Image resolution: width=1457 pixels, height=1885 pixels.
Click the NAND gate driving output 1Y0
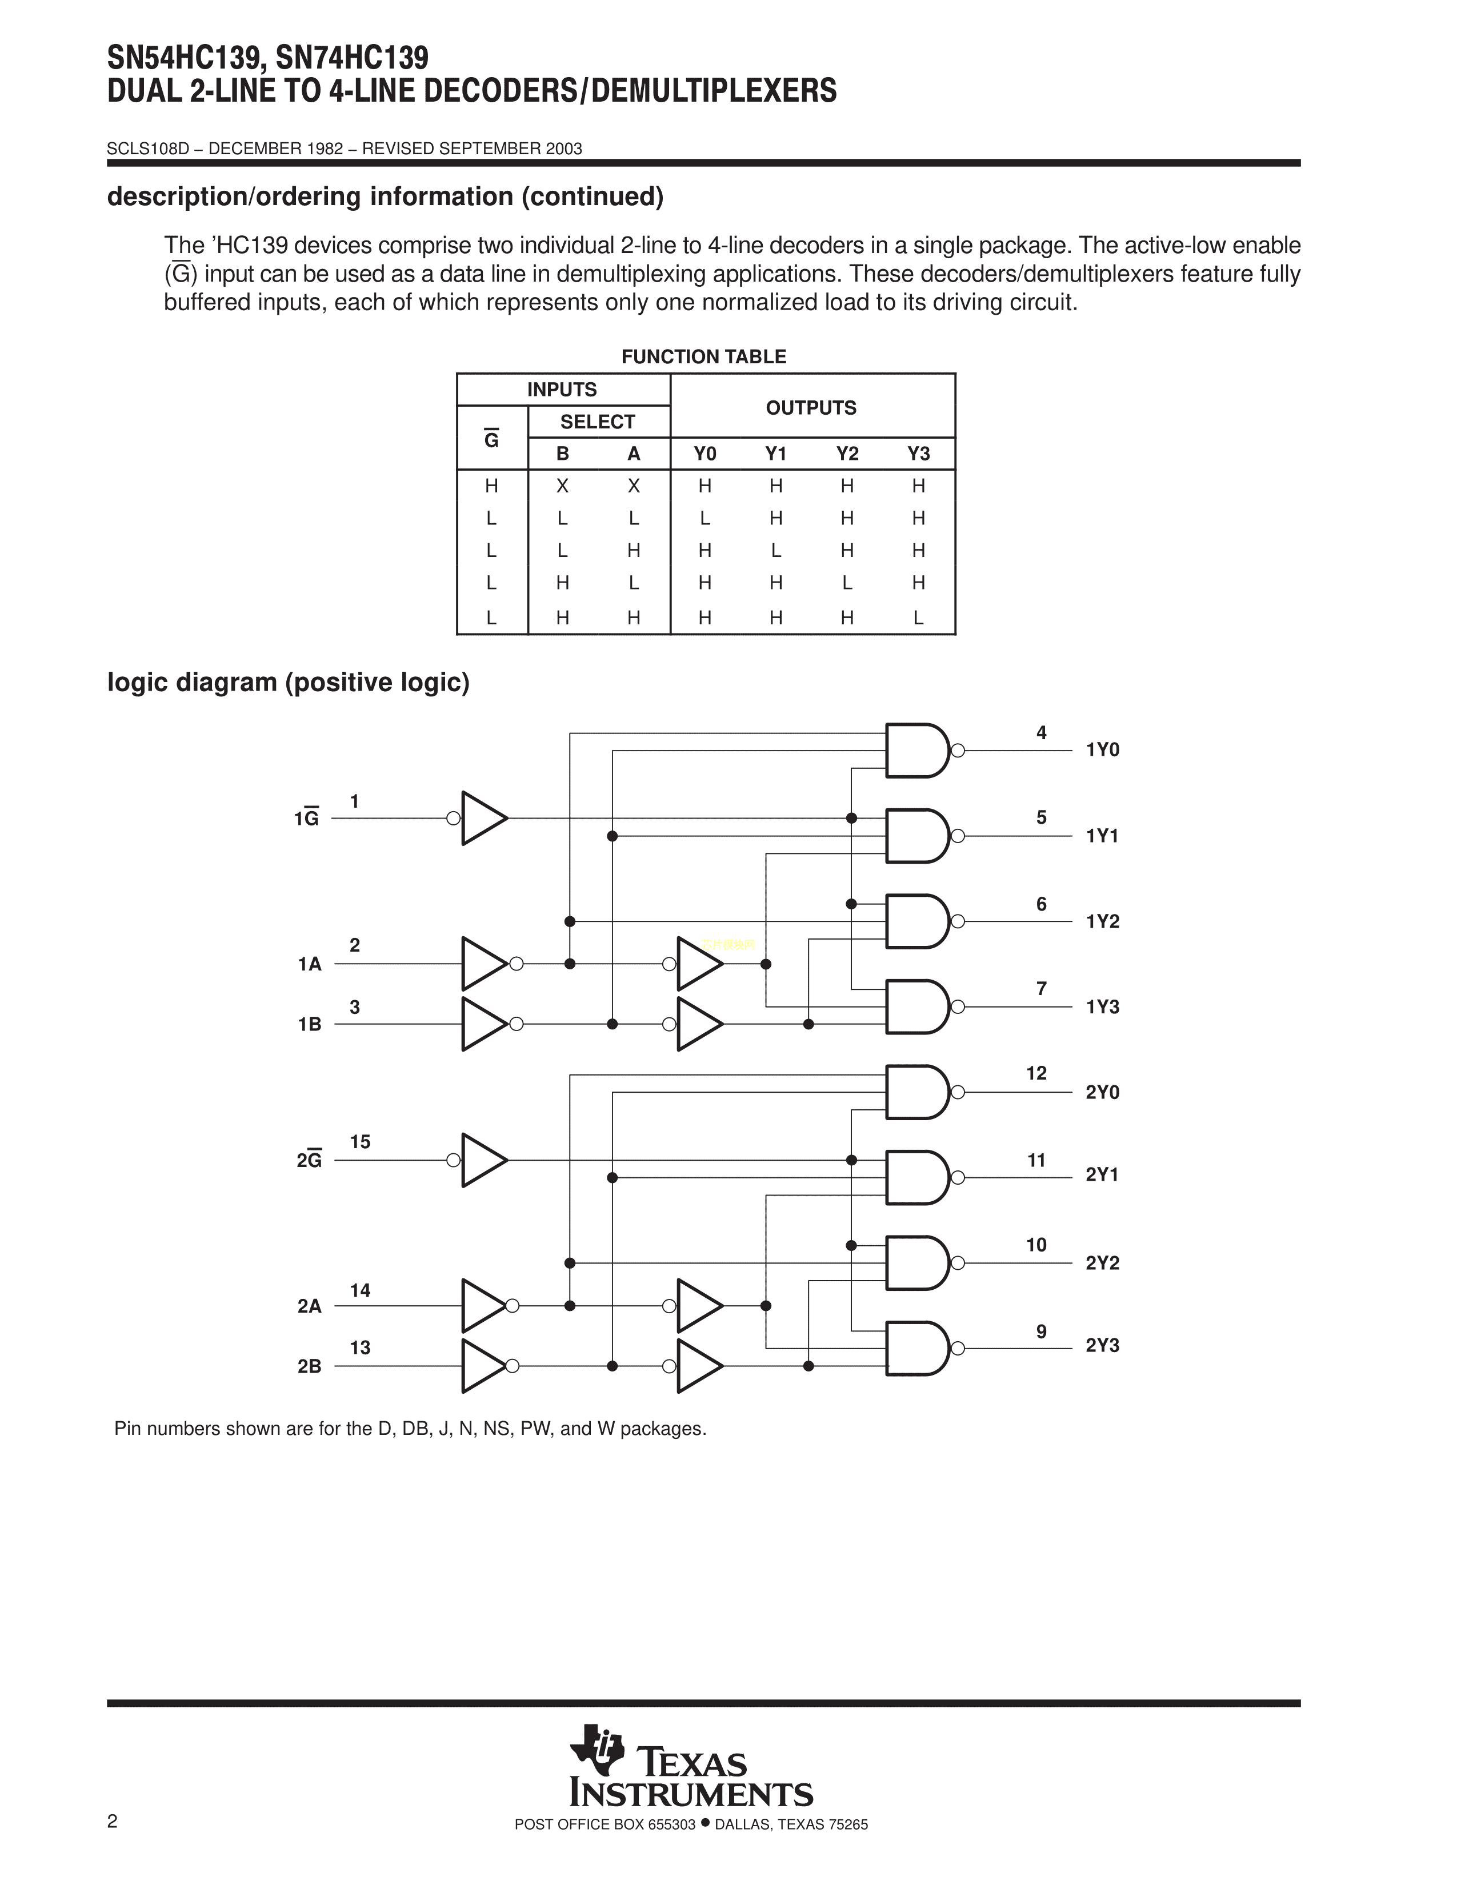click(916, 750)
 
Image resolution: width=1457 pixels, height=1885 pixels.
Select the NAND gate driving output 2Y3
click(916, 1347)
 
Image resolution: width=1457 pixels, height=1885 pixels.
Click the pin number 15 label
click(360, 1142)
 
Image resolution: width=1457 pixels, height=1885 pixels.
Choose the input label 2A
click(309, 1306)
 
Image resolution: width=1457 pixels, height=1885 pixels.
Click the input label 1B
click(309, 1025)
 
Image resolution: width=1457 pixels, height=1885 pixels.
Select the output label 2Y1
click(1102, 1174)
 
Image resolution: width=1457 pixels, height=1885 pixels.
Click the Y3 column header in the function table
click(918, 454)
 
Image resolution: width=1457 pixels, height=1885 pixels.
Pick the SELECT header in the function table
click(597, 422)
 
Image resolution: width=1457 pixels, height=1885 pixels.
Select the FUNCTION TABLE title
click(703, 356)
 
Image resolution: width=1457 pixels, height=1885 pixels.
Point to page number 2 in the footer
click(112, 1821)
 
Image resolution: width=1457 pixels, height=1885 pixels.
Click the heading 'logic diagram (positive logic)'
click(289, 683)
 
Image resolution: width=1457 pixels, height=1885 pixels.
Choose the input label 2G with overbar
click(309, 1160)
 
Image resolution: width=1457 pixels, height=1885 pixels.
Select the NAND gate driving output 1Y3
click(916, 1006)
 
